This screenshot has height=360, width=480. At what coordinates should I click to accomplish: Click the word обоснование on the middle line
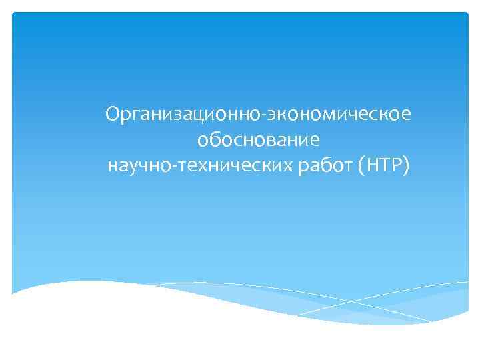point(259,141)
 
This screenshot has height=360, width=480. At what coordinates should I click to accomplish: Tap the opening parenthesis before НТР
point(361,165)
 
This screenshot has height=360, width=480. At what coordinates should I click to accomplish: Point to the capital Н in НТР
point(371,164)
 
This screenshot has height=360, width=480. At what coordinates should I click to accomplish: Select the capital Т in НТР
point(385,164)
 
